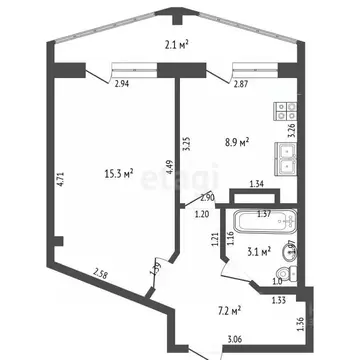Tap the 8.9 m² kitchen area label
point(235,144)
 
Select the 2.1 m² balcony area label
point(178,43)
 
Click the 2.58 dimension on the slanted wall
point(102,273)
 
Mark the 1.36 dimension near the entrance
point(301,324)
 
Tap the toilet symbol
point(288,272)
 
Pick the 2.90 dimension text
point(207,197)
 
